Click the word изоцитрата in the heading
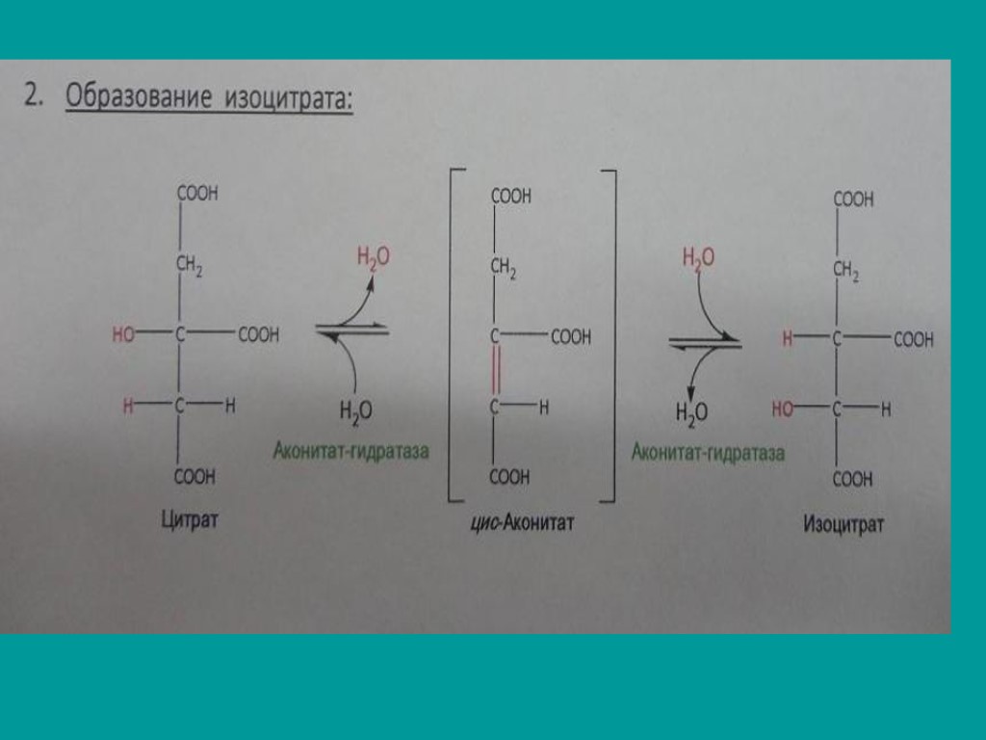[x=289, y=100]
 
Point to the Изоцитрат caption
[x=843, y=525]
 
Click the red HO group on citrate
[x=123, y=335]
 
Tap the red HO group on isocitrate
[x=782, y=410]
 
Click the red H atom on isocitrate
[x=788, y=339]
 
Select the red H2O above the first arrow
[x=374, y=257]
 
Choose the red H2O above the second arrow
[x=698, y=257]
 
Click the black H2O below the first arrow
[x=355, y=411]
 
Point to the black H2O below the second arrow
[x=690, y=412]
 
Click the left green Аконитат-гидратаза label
[x=350, y=450]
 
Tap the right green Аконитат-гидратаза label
[x=708, y=452]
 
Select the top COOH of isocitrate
[x=853, y=200]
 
